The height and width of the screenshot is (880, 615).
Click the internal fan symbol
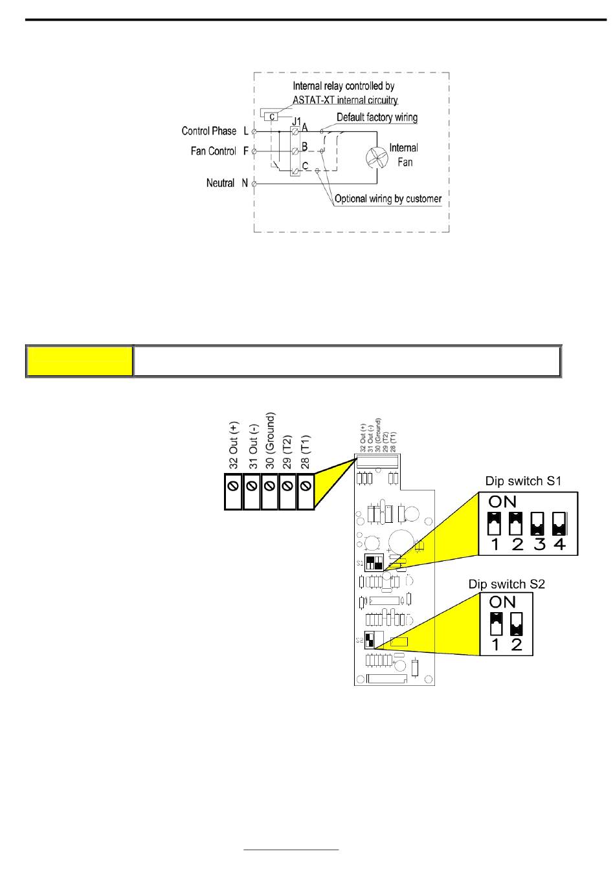[376, 158]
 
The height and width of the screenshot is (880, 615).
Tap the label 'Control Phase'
[209, 131]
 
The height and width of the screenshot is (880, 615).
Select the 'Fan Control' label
[213, 151]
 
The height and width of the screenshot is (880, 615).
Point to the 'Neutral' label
[220, 184]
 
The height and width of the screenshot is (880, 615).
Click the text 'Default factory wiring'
[377, 118]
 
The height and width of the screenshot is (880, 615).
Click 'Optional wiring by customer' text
[388, 199]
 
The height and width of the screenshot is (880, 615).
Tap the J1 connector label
[296, 121]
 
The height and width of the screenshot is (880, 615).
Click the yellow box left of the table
[79, 361]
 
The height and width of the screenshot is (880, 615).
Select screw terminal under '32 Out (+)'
[233, 485]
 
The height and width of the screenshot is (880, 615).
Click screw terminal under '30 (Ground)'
[269, 485]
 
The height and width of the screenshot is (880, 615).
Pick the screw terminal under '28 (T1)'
[306, 485]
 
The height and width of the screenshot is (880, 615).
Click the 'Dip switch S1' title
[523, 481]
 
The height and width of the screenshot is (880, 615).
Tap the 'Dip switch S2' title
[507, 584]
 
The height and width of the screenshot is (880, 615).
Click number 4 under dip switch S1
[559, 545]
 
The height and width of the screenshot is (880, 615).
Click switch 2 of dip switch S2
[516, 623]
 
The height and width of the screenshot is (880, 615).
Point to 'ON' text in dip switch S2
[503, 602]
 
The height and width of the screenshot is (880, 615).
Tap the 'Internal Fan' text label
[404, 155]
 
